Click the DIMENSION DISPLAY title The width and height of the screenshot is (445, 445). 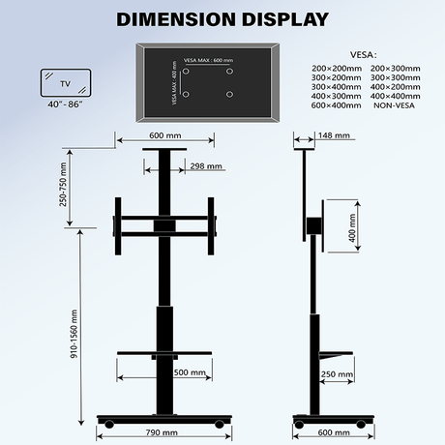pos(222,18)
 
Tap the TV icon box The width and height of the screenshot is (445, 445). pos(66,80)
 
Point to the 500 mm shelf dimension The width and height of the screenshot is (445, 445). pos(189,371)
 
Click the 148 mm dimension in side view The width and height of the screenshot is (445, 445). pos(336,135)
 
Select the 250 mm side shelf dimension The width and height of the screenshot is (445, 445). pos(336,374)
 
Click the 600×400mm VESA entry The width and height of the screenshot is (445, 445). pos(335,104)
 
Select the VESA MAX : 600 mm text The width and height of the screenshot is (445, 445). pos(207,61)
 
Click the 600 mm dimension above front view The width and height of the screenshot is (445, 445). pos(164,135)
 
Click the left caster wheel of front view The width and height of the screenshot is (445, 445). pos(109,423)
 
